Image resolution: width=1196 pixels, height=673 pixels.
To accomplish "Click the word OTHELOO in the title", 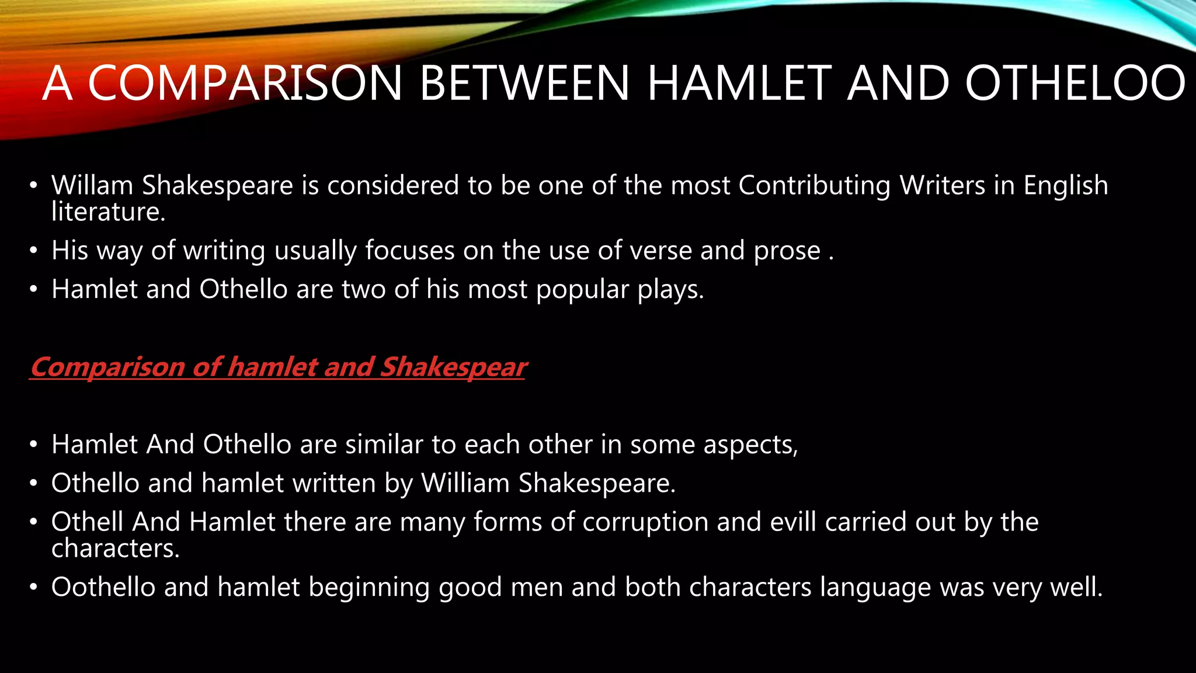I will tap(1075, 83).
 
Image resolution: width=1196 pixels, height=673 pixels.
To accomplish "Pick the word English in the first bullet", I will tap(1065, 186).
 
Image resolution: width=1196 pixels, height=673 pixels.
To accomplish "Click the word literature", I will tap(109, 211).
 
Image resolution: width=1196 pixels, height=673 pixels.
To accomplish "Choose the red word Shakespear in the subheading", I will tap(453, 367).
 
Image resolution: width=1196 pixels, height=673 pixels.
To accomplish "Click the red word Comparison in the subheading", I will tap(107, 367).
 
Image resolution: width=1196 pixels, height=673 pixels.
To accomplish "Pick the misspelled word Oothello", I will tap(103, 587).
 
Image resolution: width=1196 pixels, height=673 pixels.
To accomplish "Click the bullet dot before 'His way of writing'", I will tap(34, 251).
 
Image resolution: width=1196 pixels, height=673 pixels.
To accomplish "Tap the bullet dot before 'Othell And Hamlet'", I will tap(34, 522).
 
